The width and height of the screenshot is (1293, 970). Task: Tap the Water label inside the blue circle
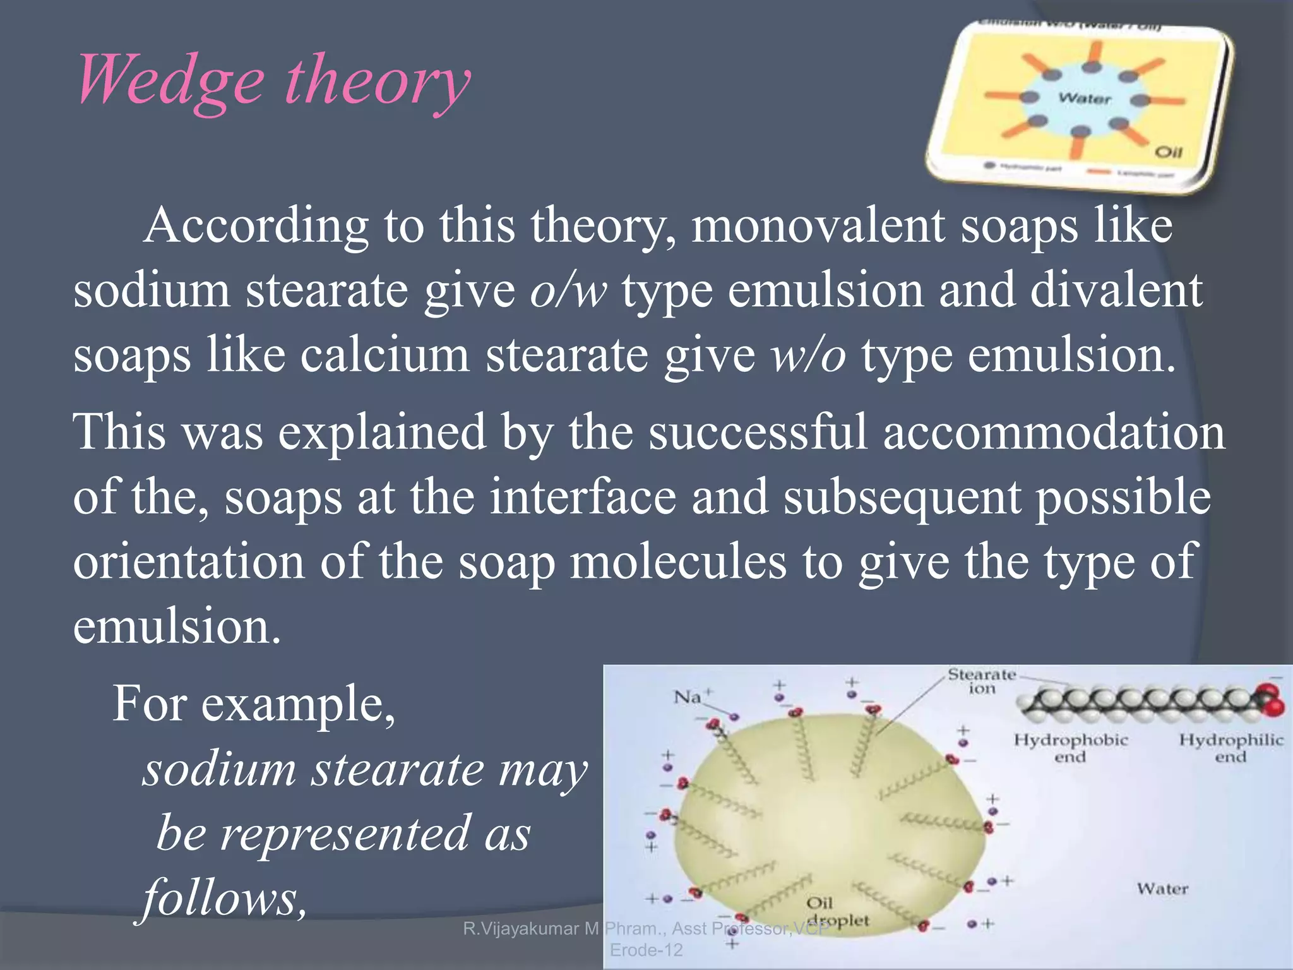pos(1084,98)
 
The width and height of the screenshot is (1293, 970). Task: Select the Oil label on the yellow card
pos(1168,152)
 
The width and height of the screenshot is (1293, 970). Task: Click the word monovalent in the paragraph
pos(818,225)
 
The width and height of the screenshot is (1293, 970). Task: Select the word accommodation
pos(1054,433)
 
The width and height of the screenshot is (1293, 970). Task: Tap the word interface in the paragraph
pos(583,498)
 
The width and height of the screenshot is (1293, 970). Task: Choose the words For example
pos(254,704)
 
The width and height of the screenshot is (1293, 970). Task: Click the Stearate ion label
pos(982,681)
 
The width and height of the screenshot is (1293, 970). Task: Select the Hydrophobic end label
pos(1070,748)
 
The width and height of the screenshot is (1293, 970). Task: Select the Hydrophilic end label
pos(1230,748)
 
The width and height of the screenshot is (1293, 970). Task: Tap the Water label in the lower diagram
pos(1162,889)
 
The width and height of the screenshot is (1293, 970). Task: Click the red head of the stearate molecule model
pos(1270,698)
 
